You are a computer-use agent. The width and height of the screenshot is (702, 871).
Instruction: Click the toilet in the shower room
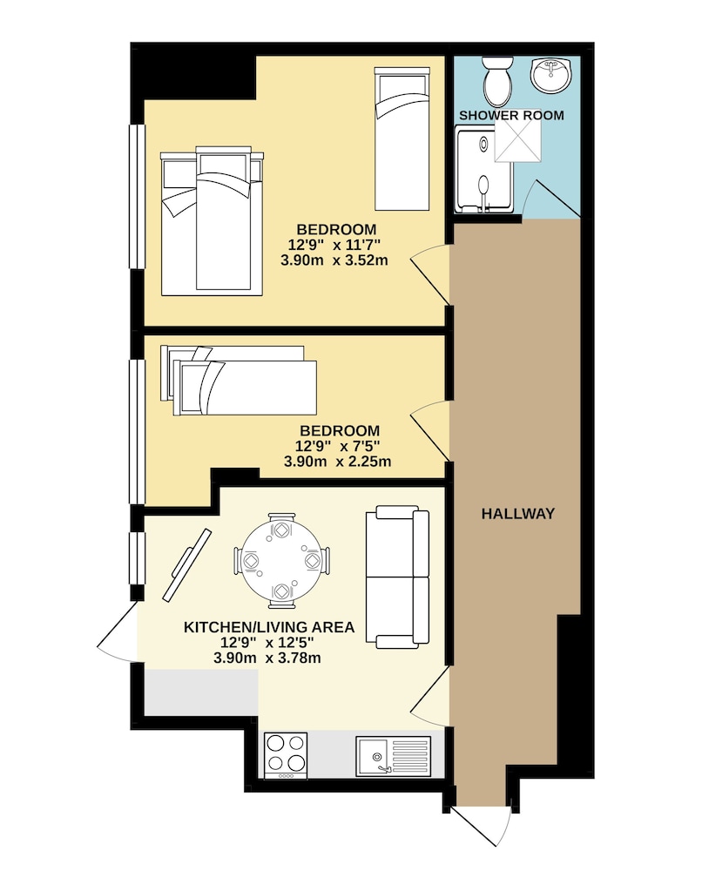tap(497, 81)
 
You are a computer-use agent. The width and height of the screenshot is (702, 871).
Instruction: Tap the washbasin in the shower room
tap(550, 74)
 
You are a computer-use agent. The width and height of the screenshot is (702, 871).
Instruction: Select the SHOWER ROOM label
tap(511, 116)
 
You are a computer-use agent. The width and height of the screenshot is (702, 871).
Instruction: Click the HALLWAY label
tap(517, 513)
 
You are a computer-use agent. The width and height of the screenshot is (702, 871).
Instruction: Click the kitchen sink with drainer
tap(393, 755)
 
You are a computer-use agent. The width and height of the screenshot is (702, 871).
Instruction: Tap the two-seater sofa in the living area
tap(397, 577)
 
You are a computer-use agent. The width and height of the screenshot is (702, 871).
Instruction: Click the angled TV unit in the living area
tap(186, 565)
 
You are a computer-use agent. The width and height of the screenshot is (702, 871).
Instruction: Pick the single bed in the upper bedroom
tap(402, 138)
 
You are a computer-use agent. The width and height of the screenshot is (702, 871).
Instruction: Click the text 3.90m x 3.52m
tap(334, 260)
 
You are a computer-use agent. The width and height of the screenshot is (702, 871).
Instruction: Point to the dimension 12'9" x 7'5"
tap(337, 445)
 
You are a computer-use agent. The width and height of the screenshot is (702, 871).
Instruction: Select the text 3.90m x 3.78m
tap(267, 658)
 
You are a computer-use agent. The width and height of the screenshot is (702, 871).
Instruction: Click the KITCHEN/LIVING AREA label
tap(269, 627)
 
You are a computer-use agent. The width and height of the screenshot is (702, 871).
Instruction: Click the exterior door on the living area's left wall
tap(118, 631)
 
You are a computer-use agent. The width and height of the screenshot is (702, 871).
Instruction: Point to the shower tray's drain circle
tap(483, 145)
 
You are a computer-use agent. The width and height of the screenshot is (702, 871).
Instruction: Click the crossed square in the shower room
tap(517, 142)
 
